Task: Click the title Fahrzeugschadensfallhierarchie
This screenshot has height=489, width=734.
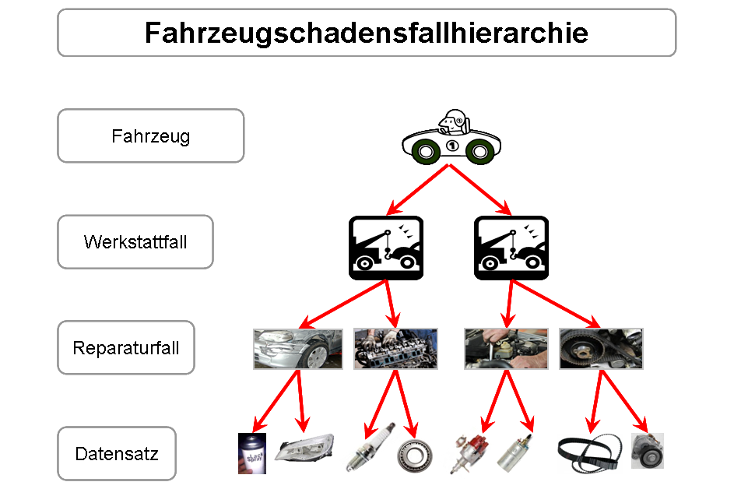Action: [x=367, y=33]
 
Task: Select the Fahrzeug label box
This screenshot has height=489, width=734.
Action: [x=150, y=136]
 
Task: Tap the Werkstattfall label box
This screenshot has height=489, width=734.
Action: [x=135, y=241]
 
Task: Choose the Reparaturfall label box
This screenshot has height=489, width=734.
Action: [x=126, y=347]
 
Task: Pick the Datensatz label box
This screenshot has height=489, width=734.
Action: [x=117, y=453]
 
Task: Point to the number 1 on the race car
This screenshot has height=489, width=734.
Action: [x=451, y=145]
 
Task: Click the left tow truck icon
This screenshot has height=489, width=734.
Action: [x=385, y=248]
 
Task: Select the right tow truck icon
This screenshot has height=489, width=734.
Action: [x=511, y=248]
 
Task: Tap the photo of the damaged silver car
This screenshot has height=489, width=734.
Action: [x=297, y=348]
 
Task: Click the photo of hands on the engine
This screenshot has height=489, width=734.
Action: [x=395, y=348]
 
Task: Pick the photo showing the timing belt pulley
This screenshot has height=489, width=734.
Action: [x=601, y=348]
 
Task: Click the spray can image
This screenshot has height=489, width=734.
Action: [x=252, y=453]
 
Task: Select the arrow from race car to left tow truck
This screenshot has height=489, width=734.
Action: [x=417, y=189]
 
